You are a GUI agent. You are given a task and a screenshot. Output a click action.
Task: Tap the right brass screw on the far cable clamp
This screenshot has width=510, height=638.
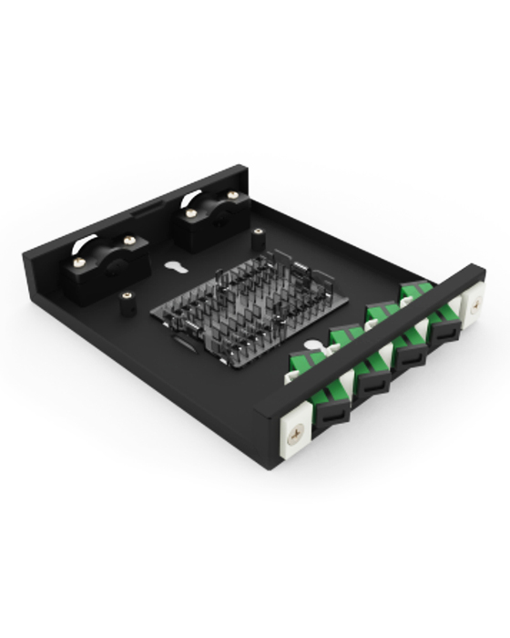[x=233, y=195]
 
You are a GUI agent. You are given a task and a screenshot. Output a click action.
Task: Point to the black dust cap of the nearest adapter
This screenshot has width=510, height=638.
[x=331, y=415]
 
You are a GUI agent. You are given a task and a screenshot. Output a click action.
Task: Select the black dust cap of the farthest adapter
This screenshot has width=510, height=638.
[x=443, y=331]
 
